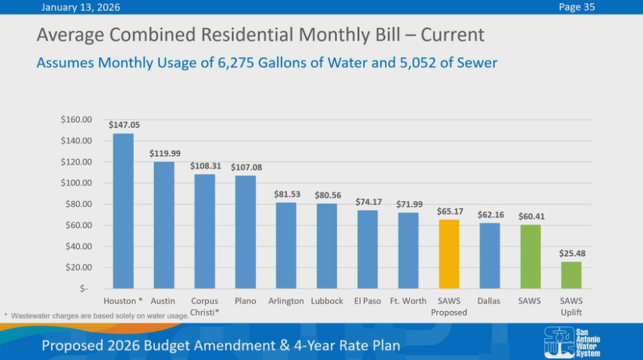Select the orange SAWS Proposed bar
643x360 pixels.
(x=449, y=253)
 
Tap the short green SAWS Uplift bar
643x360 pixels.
(x=571, y=275)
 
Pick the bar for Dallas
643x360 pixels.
(x=490, y=255)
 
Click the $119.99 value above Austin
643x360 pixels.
(x=164, y=153)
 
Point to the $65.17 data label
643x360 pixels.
(x=449, y=211)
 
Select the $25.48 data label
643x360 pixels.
(x=572, y=253)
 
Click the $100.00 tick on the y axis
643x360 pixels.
(x=76, y=183)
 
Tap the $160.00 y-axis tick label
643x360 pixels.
(x=76, y=119)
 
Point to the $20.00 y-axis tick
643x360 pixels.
(x=77, y=267)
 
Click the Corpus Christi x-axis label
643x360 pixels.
(x=205, y=306)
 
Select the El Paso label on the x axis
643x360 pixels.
(x=368, y=301)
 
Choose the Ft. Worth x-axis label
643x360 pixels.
(x=408, y=301)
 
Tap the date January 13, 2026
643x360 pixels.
(x=80, y=7)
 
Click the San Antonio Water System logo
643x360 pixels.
(x=572, y=342)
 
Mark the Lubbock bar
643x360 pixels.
(x=327, y=245)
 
